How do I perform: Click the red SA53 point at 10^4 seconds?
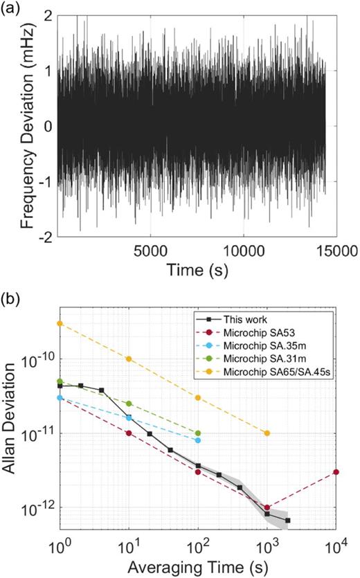335,472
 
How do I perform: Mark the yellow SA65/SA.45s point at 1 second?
60,323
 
